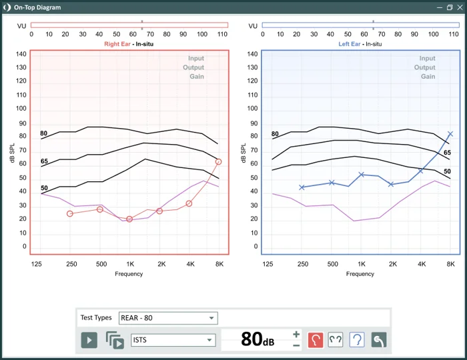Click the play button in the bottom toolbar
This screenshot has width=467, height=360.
tap(89, 340)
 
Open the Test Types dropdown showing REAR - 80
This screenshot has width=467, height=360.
tap(167, 318)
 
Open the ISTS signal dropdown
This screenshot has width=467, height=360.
tap(173, 340)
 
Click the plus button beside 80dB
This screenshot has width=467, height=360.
tap(296, 334)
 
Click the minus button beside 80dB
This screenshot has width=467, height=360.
tap(296, 345)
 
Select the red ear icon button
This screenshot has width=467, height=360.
tap(316, 340)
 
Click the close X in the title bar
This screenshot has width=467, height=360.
tap(459, 7)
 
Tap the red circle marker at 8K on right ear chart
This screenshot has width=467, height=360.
tap(218, 162)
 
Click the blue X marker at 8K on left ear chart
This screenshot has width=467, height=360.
tap(450, 134)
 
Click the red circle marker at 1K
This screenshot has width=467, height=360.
tap(129, 219)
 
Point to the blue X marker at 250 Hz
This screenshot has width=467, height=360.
tap(302, 187)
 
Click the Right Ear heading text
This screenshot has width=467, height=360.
tap(118, 44)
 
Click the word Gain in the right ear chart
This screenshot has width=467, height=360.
tap(196, 77)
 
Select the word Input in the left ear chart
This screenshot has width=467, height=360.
tap(427, 59)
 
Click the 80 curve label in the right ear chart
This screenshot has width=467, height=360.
tap(44, 134)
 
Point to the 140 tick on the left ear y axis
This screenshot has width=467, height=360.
tap(252, 54)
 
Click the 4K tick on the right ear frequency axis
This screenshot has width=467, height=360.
tap(189, 264)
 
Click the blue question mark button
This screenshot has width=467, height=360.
tap(357, 340)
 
